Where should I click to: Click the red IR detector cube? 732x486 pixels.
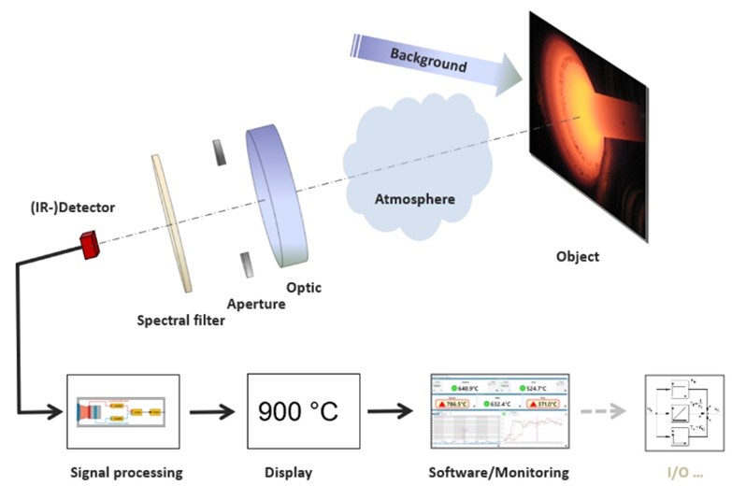(90, 246)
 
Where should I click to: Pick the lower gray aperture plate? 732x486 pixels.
(246, 264)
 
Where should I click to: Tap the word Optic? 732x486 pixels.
(304, 288)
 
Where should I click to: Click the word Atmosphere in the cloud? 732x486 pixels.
(415, 199)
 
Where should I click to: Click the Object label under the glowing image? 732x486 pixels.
(578, 256)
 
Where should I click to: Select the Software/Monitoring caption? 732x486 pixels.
(497, 472)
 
